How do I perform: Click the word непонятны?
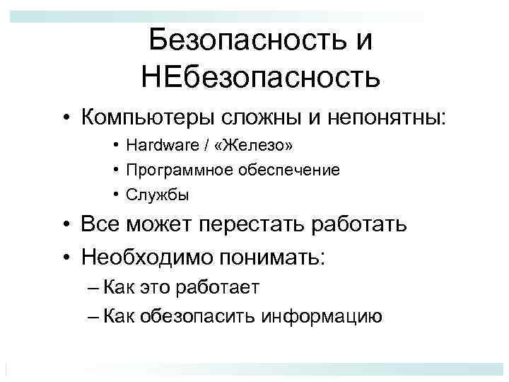tap(389, 115)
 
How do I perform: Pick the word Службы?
tap(148, 193)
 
